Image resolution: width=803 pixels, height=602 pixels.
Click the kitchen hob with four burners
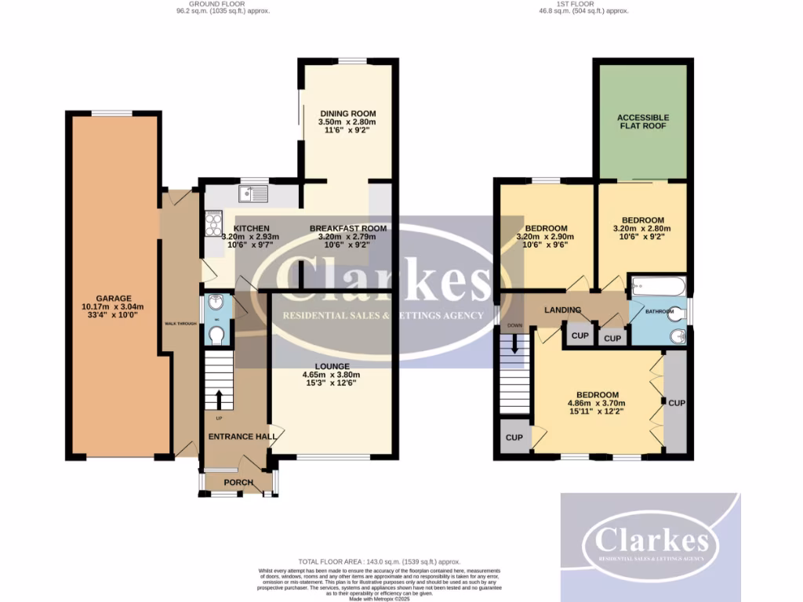pyautogui.click(x=213, y=224)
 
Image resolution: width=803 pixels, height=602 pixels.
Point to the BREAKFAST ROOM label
pyautogui.click(x=347, y=228)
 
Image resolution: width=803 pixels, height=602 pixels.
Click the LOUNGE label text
pyautogui.click(x=332, y=366)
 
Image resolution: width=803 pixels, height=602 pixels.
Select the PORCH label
pyautogui.click(x=238, y=482)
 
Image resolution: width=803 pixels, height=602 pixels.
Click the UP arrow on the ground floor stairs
pyautogui.click(x=219, y=398)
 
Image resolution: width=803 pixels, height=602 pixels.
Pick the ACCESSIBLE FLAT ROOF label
pyautogui.click(x=644, y=121)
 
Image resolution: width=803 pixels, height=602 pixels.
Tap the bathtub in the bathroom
pyautogui.click(x=658, y=287)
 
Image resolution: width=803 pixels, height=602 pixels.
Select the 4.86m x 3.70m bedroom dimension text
pyautogui.click(x=598, y=404)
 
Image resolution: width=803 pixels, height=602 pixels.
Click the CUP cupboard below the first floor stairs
pyautogui.click(x=514, y=437)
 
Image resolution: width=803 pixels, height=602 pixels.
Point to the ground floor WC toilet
pyautogui.click(x=216, y=335)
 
